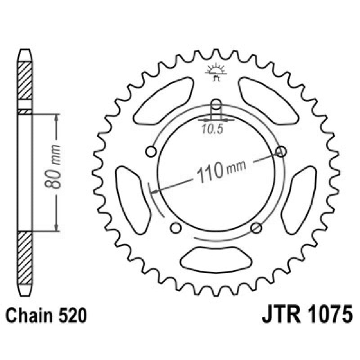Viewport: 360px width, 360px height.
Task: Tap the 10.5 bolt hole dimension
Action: [x=212, y=130]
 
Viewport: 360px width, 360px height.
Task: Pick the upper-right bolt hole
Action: [x=281, y=151]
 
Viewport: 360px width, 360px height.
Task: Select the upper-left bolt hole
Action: [x=151, y=151]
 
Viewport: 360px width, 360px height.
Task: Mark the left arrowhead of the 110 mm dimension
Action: [x=155, y=192]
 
